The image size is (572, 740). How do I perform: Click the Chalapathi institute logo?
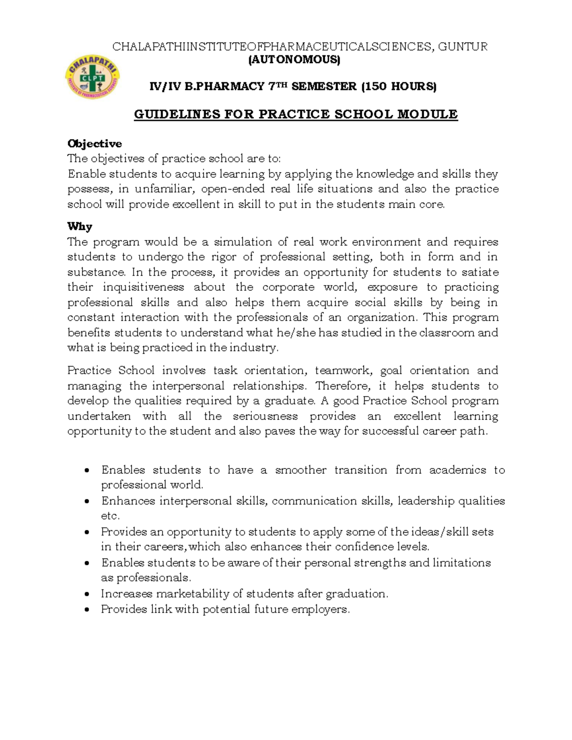(x=92, y=76)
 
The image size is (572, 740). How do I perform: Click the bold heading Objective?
(x=94, y=143)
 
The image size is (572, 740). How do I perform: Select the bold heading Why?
(x=80, y=226)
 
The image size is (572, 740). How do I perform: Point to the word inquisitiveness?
(x=143, y=287)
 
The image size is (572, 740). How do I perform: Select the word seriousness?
(x=265, y=416)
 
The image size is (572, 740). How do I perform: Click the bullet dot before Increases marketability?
(x=86, y=594)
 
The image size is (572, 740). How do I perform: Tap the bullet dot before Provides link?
(x=86, y=609)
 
